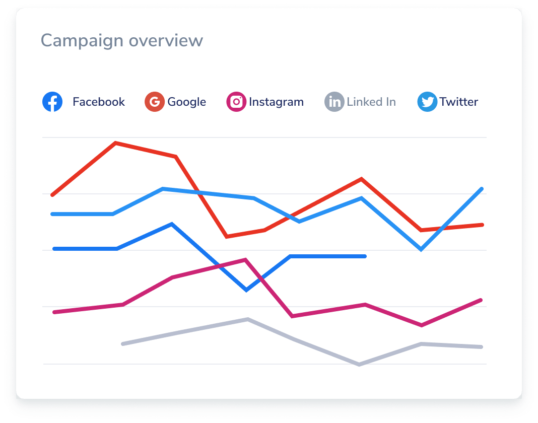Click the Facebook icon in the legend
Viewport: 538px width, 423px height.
(52, 102)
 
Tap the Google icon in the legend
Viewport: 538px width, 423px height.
(155, 102)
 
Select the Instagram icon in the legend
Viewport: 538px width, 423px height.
(236, 102)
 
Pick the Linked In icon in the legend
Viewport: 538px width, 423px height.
(334, 102)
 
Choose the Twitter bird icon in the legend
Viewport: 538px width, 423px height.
(427, 102)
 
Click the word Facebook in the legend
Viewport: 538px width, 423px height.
(99, 102)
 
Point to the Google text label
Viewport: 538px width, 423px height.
(186, 102)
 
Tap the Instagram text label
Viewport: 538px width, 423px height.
(276, 102)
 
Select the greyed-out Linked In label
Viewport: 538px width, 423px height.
(371, 102)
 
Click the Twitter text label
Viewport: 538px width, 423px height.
(458, 102)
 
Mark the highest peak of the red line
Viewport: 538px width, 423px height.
(116, 143)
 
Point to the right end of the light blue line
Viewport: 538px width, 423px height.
(482, 189)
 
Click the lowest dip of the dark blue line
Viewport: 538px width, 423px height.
(246, 290)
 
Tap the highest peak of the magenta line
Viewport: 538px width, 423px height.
(245, 260)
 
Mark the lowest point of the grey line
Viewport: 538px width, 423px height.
(359, 364)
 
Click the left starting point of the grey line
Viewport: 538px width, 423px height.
(123, 343)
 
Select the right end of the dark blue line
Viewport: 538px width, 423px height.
(365, 256)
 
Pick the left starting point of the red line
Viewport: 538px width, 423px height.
(52, 194)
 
